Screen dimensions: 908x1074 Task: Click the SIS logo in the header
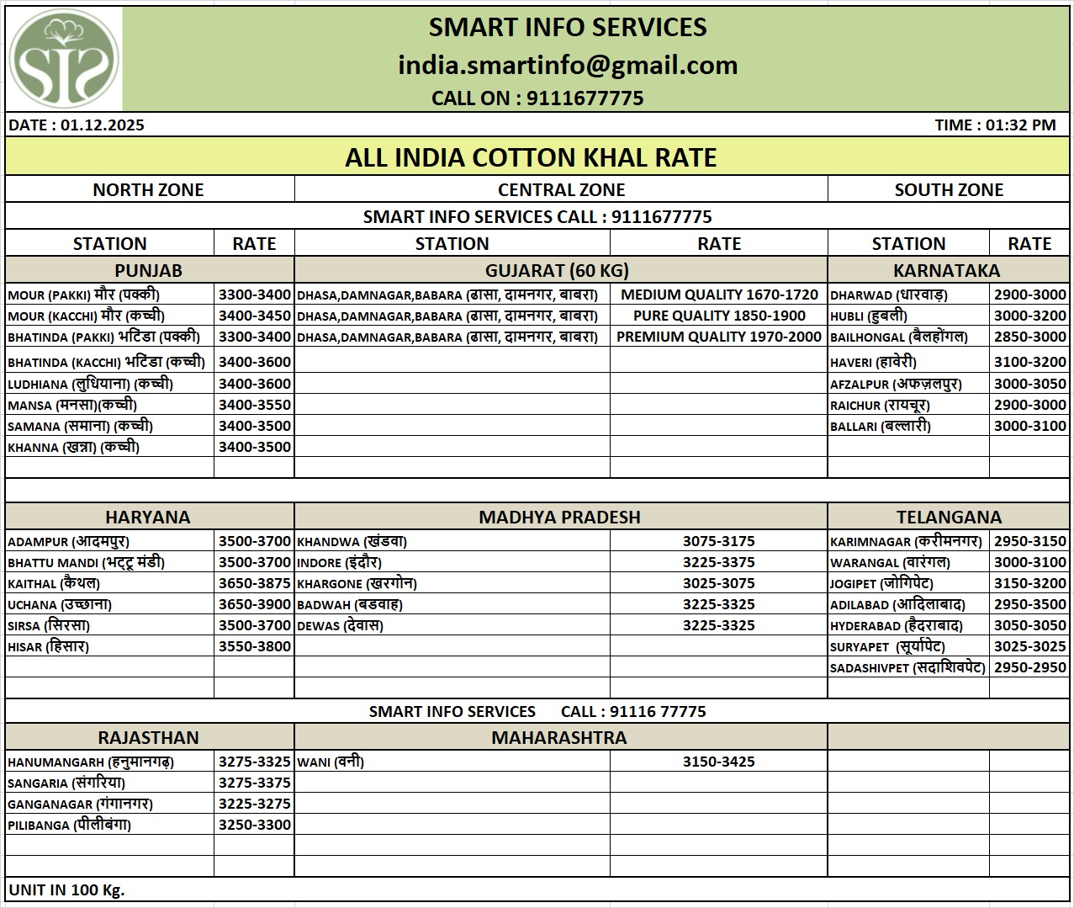click(x=64, y=59)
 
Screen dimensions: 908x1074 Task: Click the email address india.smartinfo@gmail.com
click(x=568, y=65)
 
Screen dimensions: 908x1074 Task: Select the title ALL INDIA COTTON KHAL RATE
click(x=531, y=157)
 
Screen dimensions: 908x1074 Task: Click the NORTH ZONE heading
click(x=148, y=189)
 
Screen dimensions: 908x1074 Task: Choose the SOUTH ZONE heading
click(x=949, y=189)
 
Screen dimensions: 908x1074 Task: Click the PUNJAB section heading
click(x=148, y=270)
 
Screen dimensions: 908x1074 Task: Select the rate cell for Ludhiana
click(x=254, y=384)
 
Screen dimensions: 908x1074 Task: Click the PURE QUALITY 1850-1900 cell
click(x=719, y=316)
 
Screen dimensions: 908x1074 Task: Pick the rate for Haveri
click(x=1029, y=362)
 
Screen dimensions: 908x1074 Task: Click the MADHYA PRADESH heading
click(x=559, y=517)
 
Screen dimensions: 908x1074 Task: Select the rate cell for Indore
click(x=718, y=562)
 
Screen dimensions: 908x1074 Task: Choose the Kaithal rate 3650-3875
click(x=254, y=583)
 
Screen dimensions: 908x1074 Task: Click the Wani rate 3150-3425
click(x=718, y=762)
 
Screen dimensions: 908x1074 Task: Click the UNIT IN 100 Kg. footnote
click(x=66, y=889)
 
